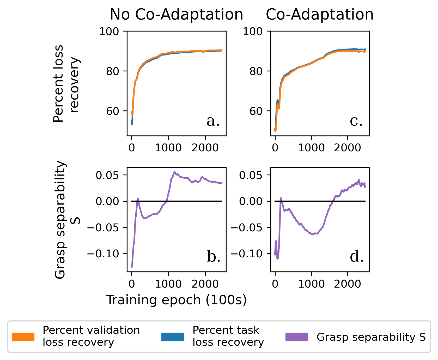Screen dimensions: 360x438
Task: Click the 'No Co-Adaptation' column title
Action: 176,14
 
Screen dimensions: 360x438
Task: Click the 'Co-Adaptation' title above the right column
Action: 320,14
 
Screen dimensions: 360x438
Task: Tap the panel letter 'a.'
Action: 213,121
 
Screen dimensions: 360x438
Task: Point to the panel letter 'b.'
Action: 214,257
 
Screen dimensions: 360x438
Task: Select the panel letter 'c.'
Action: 356,121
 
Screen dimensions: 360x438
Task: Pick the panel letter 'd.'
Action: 357,257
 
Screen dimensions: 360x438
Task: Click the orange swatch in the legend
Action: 23,337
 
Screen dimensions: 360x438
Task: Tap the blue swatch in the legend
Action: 173,337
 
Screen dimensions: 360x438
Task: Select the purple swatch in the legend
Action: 297,337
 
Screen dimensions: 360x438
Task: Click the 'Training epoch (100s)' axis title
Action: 176,300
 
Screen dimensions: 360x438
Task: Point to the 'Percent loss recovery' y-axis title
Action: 66,83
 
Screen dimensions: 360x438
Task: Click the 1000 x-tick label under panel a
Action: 168,148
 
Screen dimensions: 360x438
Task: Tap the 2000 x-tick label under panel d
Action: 347,284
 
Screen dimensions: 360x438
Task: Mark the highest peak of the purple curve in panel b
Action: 174,172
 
